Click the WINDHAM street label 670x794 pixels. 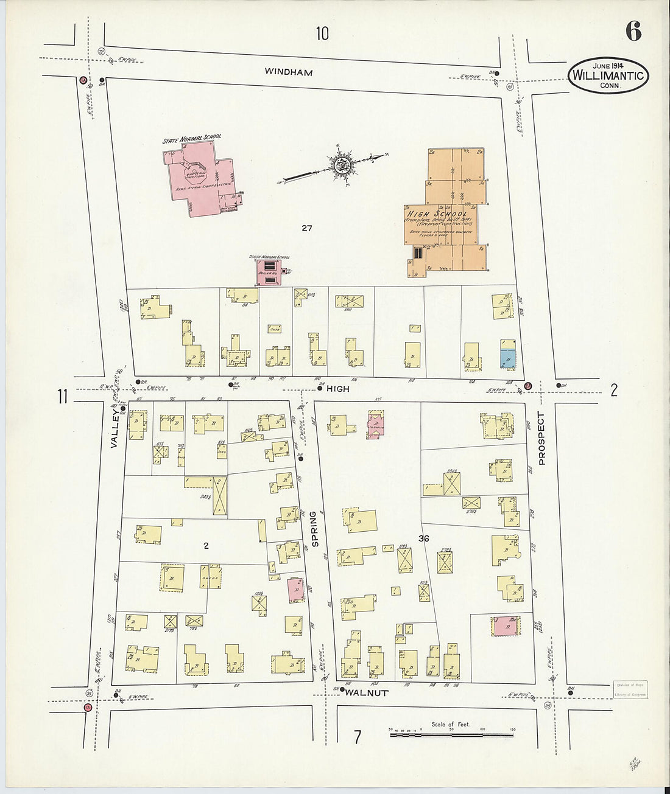(x=289, y=72)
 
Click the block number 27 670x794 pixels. (x=306, y=228)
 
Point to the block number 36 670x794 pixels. (x=425, y=538)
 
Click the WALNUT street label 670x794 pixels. (x=368, y=692)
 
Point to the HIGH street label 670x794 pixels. (x=337, y=388)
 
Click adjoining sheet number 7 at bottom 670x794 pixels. (x=357, y=737)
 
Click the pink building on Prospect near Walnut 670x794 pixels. (x=504, y=625)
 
